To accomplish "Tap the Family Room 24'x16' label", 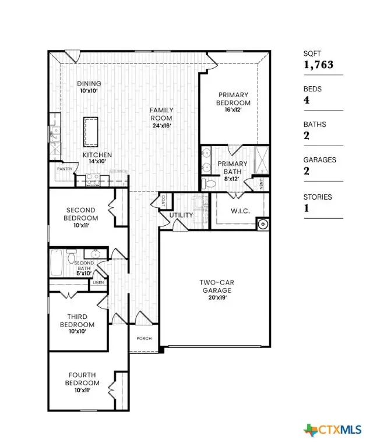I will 161,113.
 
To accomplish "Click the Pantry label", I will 64,169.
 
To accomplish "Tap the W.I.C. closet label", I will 240,211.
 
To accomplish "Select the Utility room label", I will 181,215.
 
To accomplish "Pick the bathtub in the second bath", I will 57,263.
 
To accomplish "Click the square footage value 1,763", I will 318,65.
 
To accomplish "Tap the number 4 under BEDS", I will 307,100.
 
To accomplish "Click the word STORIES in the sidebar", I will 317,197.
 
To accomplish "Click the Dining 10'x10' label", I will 89,87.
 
